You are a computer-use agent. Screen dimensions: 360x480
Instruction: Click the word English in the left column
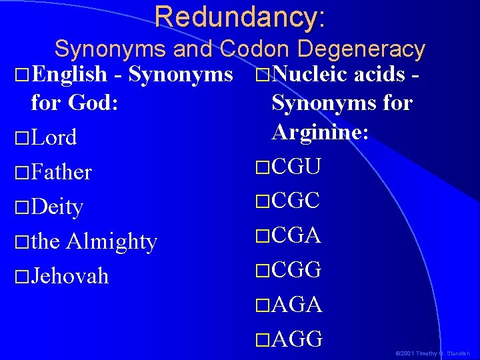pos(69,74)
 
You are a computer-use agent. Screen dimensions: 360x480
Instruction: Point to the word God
pos(95,103)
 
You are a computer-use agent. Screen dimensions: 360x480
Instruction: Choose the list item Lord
pos(53,138)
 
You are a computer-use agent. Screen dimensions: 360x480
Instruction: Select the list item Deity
pos(57,207)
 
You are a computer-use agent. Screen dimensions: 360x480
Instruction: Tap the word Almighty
pos(111,241)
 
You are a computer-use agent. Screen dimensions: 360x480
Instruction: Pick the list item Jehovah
pos(69,276)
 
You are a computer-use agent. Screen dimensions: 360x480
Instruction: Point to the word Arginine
pos(319,131)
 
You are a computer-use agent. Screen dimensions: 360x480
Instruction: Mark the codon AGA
pos(297,305)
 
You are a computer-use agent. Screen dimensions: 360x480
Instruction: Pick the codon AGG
pos(297,339)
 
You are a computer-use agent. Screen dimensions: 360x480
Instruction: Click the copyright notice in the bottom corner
pos(433,353)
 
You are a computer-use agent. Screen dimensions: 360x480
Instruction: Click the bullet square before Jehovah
pos(22,277)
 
